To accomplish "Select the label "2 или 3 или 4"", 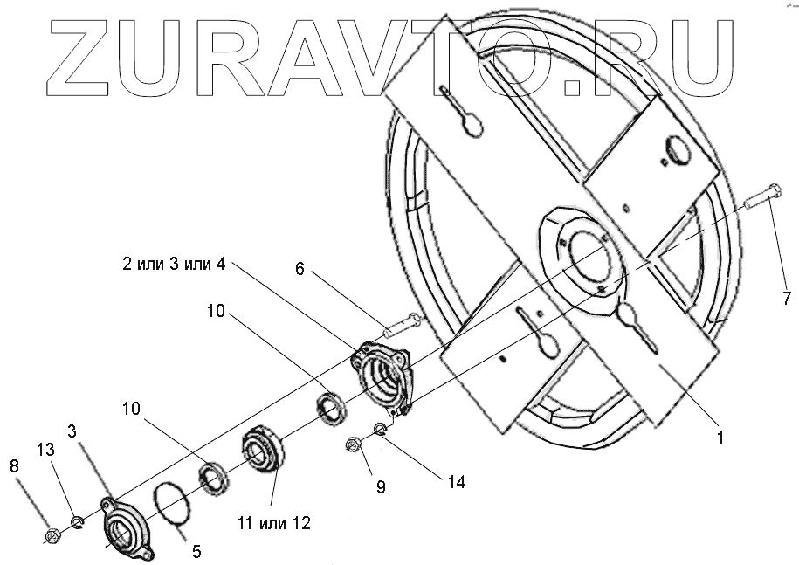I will (x=173, y=264).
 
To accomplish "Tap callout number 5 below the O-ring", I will (x=196, y=551).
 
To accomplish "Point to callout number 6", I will (x=299, y=270).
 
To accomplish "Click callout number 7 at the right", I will (x=786, y=299).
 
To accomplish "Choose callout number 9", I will (x=381, y=487).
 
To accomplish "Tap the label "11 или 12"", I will (x=272, y=523).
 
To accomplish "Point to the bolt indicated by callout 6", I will (x=399, y=326).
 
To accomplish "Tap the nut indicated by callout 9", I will (x=355, y=445).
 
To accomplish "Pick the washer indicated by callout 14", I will (x=380, y=428).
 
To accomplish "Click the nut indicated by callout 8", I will (x=51, y=534).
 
